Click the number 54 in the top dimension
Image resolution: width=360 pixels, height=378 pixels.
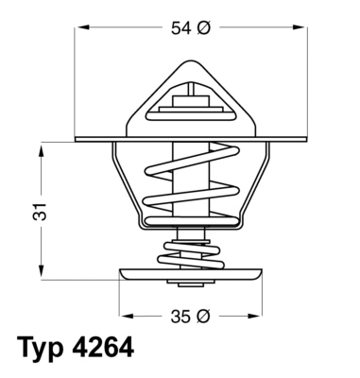pyautogui.click(x=180, y=29)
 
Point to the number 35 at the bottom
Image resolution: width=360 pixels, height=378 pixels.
pyautogui.click(x=180, y=317)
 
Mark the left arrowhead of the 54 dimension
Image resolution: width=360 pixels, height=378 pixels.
pyautogui.click(x=78, y=29)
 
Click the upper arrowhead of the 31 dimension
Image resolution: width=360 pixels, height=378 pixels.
pyautogui.click(x=43, y=149)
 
